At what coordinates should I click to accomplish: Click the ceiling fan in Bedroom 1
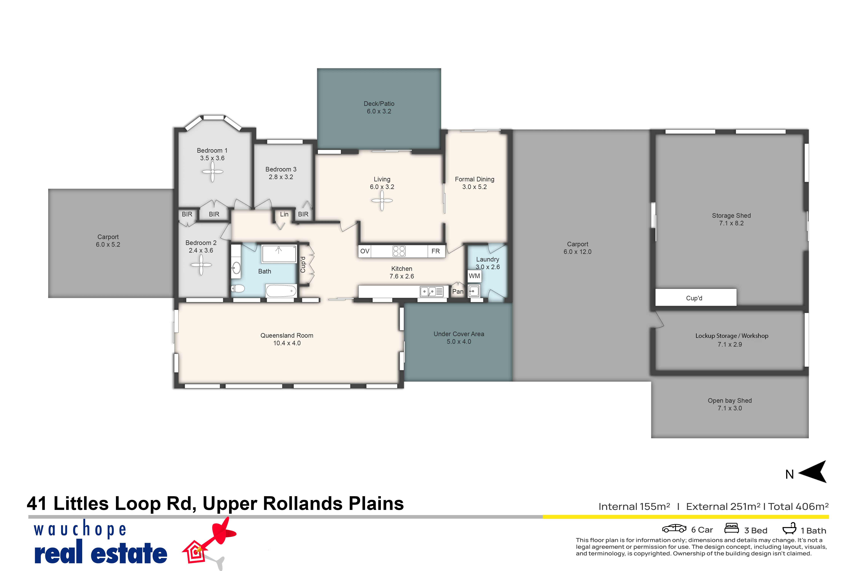(212, 171)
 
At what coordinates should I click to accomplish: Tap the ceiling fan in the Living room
(382, 200)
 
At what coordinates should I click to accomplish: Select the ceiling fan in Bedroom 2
(201, 265)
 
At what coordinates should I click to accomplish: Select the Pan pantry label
(458, 291)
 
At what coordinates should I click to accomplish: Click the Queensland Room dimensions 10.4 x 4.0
(287, 343)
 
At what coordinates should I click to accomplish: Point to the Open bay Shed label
(730, 401)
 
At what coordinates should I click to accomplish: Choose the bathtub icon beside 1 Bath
(789, 528)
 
